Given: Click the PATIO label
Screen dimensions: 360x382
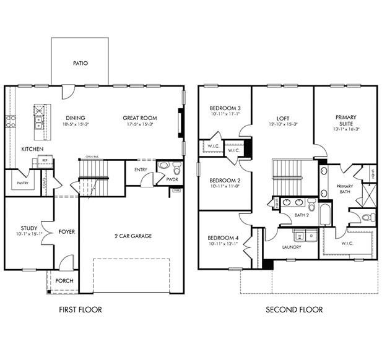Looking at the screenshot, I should click(80, 63).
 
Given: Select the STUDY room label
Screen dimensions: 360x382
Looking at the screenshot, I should click(28, 228).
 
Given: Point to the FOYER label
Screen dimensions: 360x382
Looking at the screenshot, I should click(67, 232).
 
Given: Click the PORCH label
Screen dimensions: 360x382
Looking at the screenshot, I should click(64, 281).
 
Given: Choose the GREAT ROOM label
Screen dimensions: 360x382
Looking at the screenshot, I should click(139, 118).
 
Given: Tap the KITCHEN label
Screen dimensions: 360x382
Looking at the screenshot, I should click(32, 150).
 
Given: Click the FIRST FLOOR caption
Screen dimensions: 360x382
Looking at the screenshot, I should click(80, 309).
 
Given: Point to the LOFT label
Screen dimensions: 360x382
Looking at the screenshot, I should click(282, 118).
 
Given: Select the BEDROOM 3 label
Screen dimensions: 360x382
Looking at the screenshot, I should click(225, 108).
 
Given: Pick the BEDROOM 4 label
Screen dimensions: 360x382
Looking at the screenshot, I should click(223, 238).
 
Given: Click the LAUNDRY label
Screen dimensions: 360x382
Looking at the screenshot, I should click(291, 247).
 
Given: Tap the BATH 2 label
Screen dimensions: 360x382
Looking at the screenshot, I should click(302, 215).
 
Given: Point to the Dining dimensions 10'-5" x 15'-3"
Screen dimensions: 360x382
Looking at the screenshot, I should click(76, 124).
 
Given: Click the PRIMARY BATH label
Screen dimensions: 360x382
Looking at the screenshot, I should click(344, 189).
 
